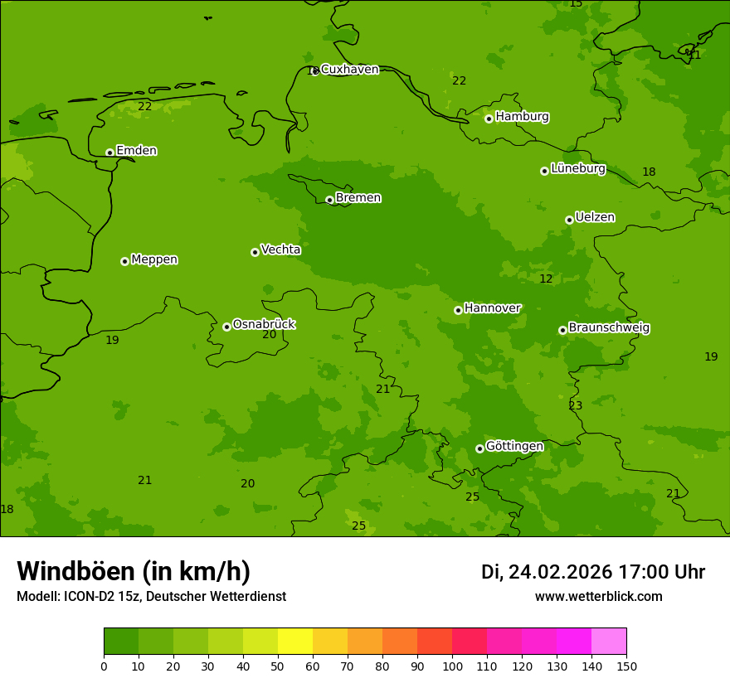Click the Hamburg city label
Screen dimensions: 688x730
pyautogui.click(x=522, y=117)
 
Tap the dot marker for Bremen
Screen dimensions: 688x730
pyautogui.click(x=329, y=200)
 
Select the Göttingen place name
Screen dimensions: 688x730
pyautogui.click(x=514, y=447)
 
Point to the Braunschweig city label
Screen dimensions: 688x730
pyautogui.click(x=609, y=328)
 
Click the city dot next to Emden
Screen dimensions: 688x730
pyautogui.click(x=109, y=153)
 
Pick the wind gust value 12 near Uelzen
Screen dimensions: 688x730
pyautogui.click(x=546, y=279)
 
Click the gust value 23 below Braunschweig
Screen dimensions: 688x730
pyautogui.click(x=576, y=406)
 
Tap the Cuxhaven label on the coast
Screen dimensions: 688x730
pyautogui.click(x=349, y=70)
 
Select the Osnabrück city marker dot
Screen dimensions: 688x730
pyautogui.click(x=226, y=327)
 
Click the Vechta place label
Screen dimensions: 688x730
pyautogui.click(x=280, y=250)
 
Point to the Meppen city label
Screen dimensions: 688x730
pyautogui.click(x=154, y=259)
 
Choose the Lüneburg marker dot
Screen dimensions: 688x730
pyautogui.click(x=544, y=171)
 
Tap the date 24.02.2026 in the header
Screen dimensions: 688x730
pyautogui.click(x=560, y=572)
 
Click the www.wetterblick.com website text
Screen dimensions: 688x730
pyautogui.click(x=598, y=597)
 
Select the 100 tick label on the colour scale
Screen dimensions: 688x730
pyautogui.click(x=452, y=666)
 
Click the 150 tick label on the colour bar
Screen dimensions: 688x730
pyautogui.click(x=626, y=666)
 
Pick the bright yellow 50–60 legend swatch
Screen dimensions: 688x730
pyautogui.click(x=295, y=642)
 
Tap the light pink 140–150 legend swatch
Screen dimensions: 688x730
pyautogui.click(x=609, y=642)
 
